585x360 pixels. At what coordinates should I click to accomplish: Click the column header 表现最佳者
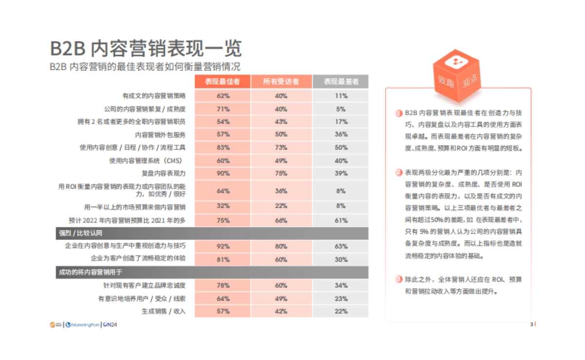[x=223, y=82]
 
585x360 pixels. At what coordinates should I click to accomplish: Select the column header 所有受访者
[x=281, y=82]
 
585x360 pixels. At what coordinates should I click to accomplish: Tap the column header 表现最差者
[x=341, y=82]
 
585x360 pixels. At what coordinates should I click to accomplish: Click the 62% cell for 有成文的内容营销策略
[x=223, y=96]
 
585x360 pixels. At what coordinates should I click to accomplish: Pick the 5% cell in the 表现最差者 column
[x=341, y=109]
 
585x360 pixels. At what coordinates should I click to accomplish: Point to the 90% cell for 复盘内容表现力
[x=223, y=173]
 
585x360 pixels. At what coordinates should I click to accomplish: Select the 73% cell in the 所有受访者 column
[x=281, y=147]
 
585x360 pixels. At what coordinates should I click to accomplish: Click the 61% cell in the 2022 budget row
[x=341, y=220]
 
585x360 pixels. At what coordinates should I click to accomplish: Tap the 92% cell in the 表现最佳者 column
[x=223, y=246]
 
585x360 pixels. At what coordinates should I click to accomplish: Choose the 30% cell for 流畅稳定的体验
[x=341, y=260]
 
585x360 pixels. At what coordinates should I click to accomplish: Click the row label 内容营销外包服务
[x=160, y=135]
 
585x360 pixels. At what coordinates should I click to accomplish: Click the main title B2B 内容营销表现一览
[x=146, y=49]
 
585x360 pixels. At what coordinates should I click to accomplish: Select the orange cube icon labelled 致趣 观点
[x=457, y=71]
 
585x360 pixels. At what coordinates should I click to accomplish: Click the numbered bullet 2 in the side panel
[x=398, y=172]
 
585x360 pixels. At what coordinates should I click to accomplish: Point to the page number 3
[x=531, y=323]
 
